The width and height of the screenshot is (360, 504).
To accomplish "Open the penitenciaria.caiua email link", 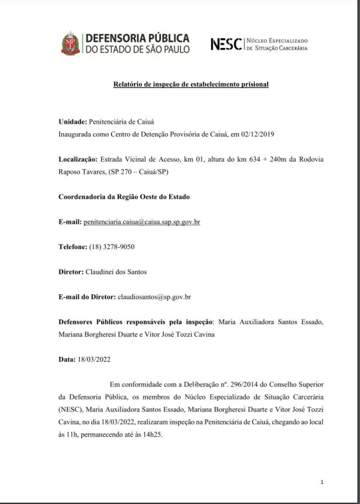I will pos(140,220).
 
